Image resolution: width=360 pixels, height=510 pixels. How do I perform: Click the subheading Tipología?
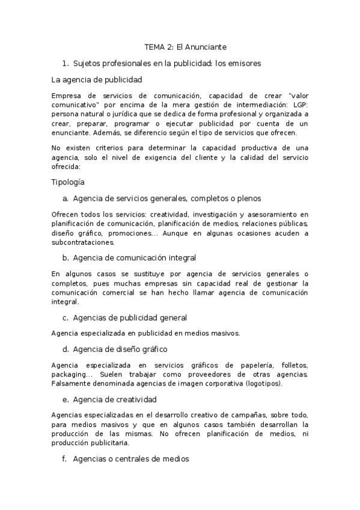[x=68, y=182]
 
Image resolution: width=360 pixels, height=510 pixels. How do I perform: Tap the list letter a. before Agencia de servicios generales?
[x=66, y=198]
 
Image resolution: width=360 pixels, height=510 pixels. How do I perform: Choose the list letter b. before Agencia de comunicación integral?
[x=66, y=258]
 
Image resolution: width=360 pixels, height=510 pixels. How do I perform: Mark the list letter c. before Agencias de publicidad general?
[x=66, y=317]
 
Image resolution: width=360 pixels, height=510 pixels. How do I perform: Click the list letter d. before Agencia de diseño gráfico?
[x=66, y=349]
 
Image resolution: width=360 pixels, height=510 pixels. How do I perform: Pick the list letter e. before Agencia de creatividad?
[x=66, y=399]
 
